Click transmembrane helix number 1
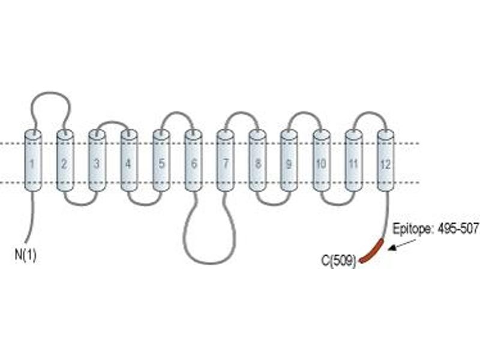[33, 161]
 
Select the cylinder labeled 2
[65, 161]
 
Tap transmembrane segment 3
[97, 161]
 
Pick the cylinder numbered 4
[129, 161]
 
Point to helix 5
[161, 161]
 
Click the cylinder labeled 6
[193, 161]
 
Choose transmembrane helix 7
[226, 161]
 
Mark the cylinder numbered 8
[257, 161]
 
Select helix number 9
[289, 161]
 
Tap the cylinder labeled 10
[322, 161]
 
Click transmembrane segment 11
[354, 161]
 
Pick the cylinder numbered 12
[386, 161]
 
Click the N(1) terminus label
[25, 254]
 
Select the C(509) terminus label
[339, 261]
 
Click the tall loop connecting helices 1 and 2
[51, 92]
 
